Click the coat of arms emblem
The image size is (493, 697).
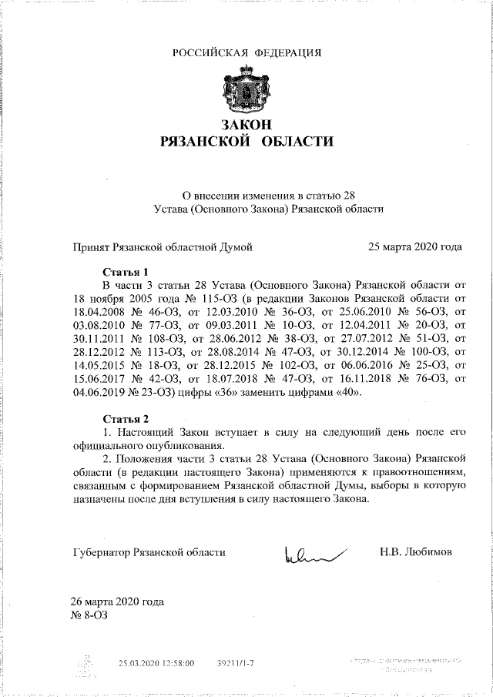[246, 91]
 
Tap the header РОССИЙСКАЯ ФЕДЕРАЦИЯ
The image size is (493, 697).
[246, 53]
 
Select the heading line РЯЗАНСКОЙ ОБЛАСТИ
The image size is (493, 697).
[246, 142]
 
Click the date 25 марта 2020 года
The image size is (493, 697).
[415, 247]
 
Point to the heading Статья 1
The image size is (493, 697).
[126, 272]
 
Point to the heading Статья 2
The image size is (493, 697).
[126, 419]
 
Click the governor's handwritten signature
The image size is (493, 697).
[314, 553]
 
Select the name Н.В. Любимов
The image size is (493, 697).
[416, 552]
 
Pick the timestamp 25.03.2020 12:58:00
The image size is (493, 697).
[156, 662]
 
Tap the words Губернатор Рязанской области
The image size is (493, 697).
[149, 552]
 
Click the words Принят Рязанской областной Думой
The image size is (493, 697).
[163, 247]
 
